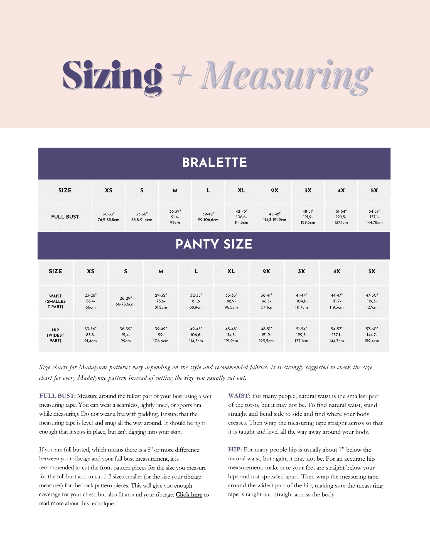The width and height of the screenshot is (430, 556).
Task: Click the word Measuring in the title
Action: (287, 76)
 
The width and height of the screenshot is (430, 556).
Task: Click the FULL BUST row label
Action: (65, 217)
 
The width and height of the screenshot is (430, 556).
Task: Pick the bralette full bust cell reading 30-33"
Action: (108, 217)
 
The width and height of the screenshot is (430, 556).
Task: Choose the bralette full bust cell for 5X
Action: (374, 217)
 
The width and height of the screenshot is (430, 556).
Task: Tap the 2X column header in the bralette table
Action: (274, 191)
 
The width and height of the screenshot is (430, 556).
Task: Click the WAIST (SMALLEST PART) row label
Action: (55, 301)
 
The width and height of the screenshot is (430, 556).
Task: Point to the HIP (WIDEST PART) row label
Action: (55, 335)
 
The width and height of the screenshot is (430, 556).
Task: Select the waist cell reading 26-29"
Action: (126, 301)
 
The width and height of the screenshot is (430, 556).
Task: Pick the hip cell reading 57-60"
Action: (372, 335)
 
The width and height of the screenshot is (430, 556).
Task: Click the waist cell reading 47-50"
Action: (372, 301)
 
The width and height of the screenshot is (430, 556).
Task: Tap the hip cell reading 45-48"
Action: (231, 335)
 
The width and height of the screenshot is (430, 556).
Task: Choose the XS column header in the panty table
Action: (90, 271)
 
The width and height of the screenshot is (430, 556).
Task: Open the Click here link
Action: (189, 495)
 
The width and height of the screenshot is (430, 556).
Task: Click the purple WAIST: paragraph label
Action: (239, 396)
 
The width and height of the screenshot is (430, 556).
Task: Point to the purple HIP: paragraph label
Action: (235, 450)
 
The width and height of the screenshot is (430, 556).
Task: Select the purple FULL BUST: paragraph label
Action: (57, 396)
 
